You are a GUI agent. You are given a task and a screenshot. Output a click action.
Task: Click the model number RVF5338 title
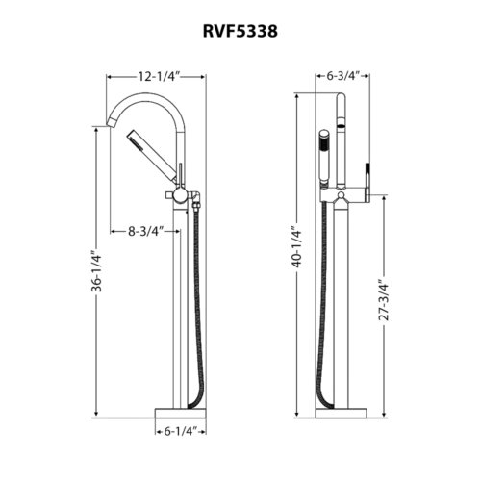pos(240,32)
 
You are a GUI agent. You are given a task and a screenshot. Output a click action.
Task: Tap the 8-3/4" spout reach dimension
pos(144,231)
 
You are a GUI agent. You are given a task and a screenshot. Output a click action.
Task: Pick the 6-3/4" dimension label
pos(342,75)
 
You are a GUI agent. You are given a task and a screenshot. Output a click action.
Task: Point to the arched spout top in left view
pos(149,96)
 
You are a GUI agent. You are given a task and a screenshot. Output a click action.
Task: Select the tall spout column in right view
pos(342,289)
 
